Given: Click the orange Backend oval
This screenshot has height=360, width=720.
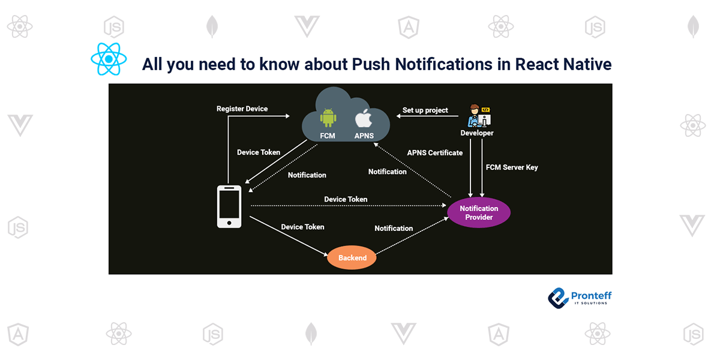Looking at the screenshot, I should (352, 257).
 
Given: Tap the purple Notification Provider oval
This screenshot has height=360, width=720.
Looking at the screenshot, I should (479, 212).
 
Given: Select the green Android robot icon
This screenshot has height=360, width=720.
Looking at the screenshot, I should (328, 117).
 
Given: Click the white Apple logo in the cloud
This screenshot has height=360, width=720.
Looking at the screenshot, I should (364, 118).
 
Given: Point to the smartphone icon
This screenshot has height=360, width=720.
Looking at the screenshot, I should (229, 206).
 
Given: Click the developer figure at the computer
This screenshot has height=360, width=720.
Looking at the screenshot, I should (478, 116).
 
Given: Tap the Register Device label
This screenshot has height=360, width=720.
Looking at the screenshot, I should (242, 109).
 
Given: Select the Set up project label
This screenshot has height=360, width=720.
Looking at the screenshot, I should (425, 110).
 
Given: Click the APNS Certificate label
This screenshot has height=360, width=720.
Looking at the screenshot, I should (434, 152).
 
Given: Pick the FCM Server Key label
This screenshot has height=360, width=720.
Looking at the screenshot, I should (512, 167).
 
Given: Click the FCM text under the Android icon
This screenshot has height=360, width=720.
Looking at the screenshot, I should (328, 136).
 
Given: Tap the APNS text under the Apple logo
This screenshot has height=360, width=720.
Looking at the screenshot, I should (364, 136).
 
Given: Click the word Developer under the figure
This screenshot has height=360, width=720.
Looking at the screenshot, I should (477, 133).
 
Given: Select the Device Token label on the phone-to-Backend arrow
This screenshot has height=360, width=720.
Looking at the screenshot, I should (302, 227).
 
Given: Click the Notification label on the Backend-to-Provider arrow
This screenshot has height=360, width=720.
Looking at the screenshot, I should (394, 228).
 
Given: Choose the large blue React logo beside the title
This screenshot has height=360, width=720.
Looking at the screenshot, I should (109, 59).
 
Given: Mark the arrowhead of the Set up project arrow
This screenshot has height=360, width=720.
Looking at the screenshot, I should (397, 116).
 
